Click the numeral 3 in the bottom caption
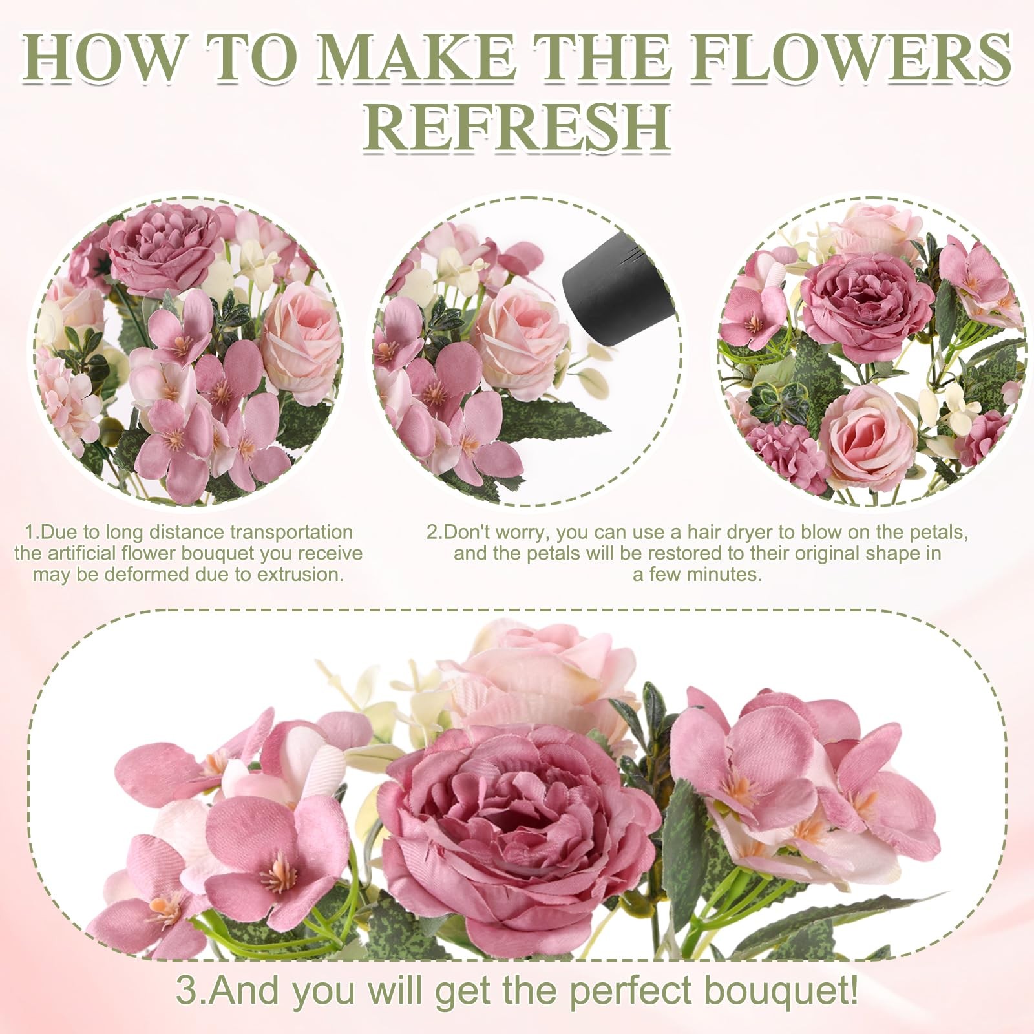187,991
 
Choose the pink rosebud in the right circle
866,433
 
